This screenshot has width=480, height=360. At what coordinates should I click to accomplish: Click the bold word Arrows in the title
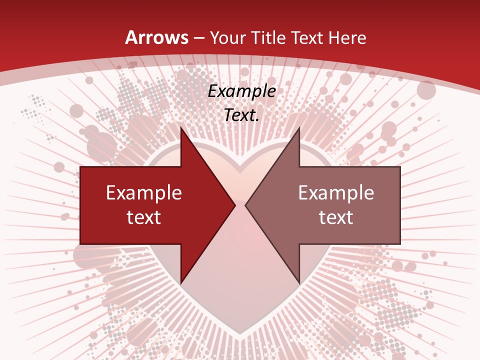[157, 38]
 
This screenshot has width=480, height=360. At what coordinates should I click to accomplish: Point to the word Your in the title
[228, 38]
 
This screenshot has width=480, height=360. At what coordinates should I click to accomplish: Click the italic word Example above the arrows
[241, 91]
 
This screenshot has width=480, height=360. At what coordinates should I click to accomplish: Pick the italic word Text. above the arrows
[241, 115]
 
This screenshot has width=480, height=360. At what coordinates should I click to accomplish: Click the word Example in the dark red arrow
[143, 193]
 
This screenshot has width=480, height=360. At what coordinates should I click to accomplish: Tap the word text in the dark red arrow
[143, 217]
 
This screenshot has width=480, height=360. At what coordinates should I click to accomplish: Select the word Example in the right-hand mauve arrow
[336, 193]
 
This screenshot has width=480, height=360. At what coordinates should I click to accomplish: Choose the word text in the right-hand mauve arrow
[336, 217]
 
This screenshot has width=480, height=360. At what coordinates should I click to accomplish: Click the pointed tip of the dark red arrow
[235, 205]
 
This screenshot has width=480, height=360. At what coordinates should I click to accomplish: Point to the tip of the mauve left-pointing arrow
[245, 205]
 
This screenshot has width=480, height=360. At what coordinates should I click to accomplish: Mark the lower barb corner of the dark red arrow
[180, 283]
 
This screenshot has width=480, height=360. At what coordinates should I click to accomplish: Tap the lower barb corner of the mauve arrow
[299, 283]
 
